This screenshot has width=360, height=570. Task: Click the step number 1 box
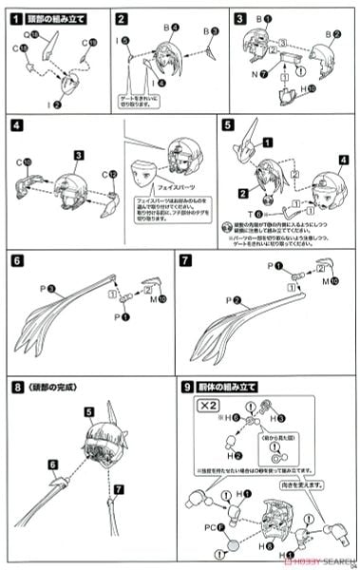tap(16, 18)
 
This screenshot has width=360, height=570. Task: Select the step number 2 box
tap(122, 18)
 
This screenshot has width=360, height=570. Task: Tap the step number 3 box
tap(240, 18)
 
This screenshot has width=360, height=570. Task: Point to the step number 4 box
tap(16, 123)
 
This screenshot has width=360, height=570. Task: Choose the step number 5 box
tap(227, 123)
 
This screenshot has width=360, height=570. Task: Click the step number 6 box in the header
tap(16, 257)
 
